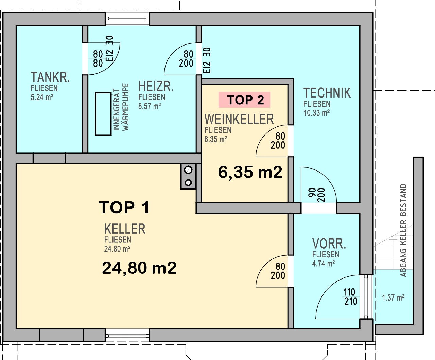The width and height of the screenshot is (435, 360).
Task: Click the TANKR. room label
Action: (x=50, y=77)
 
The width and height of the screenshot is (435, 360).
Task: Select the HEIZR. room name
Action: (x=156, y=87)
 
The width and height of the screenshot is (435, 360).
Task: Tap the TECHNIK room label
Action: (x=327, y=93)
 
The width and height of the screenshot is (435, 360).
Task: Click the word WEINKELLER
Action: (x=239, y=119)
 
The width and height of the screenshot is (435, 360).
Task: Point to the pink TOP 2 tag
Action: (x=244, y=100)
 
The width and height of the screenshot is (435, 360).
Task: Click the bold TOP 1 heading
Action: (x=124, y=208)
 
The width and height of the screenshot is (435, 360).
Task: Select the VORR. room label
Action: (x=329, y=244)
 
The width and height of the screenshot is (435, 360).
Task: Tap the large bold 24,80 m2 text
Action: (x=139, y=268)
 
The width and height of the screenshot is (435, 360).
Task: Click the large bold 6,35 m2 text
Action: (x=250, y=172)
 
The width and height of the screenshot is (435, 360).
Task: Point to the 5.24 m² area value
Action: (x=42, y=97)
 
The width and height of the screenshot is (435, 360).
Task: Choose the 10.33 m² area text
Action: (x=316, y=113)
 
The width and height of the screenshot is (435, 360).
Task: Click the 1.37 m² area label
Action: (x=393, y=298)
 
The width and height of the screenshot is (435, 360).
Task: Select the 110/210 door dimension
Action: (x=350, y=297)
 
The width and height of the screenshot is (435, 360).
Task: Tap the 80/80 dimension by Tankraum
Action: (x=98, y=58)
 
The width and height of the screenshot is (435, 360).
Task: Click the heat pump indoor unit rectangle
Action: (x=103, y=114)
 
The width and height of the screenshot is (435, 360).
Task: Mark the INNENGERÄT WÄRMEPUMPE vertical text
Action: (x=121, y=107)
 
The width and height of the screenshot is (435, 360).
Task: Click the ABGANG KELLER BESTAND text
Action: (x=403, y=231)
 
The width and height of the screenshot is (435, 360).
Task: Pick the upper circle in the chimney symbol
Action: (x=188, y=169)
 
